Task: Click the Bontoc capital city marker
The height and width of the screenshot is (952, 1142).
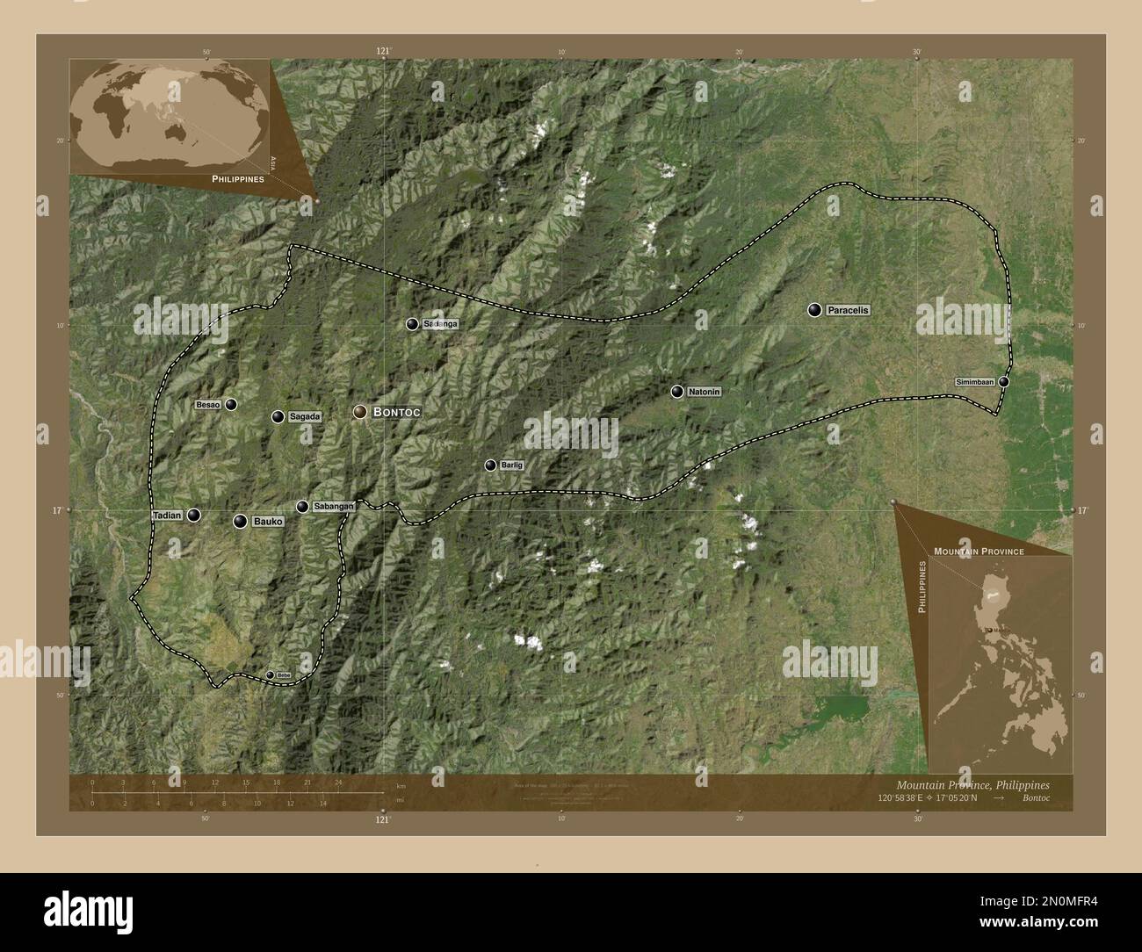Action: pos(360,412)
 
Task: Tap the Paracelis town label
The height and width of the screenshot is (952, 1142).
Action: pos(848,310)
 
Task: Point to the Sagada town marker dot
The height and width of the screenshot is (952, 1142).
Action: pos(278,417)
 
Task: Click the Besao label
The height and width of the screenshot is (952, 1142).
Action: pos(207,405)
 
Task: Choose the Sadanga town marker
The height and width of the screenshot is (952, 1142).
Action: pos(412,324)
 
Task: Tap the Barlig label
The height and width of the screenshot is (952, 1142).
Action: pos(511,465)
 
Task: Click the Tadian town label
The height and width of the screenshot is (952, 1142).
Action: pos(167,516)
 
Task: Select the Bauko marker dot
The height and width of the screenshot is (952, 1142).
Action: pos(240,522)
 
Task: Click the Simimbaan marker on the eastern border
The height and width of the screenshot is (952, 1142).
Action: pos(1003,382)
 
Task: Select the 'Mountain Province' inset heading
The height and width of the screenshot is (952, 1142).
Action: pos(979,551)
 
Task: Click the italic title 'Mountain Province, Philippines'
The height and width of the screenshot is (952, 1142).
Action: pos(972,783)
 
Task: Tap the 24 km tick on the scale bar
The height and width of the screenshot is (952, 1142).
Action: pos(338,782)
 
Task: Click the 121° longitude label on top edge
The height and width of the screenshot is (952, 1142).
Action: pos(383,52)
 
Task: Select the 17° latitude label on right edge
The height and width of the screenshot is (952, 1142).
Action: pos(1082,510)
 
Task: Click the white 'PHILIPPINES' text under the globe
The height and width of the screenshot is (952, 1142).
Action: pos(238,178)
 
